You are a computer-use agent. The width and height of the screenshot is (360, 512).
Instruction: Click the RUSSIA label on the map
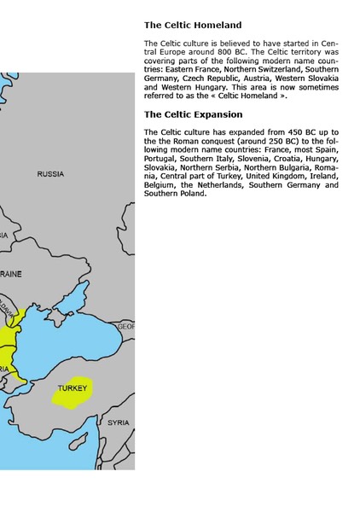[50, 174]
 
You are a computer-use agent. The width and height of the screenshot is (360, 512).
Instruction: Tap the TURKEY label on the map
[73, 388]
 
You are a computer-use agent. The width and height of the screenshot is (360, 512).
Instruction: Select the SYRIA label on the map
[119, 422]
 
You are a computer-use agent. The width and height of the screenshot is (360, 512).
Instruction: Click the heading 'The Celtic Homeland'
[193, 26]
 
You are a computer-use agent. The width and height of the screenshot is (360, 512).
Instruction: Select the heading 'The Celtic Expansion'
[193, 114]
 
